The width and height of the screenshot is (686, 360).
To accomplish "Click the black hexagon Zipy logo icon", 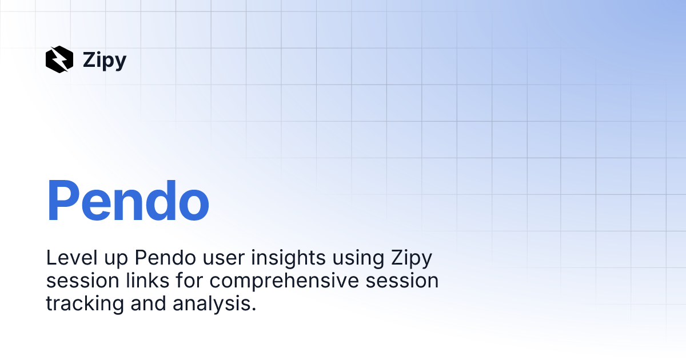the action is (x=59, y=59).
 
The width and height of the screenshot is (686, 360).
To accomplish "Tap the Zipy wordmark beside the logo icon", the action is (x=105, y=61).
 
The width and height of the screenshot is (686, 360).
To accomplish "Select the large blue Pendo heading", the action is (x=127, y=200).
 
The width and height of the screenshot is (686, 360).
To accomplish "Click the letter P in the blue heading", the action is (x=63, y=200).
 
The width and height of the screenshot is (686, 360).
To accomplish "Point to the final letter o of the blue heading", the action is (x=194, y=205).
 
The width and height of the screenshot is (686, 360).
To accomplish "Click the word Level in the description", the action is (x=71, y=258).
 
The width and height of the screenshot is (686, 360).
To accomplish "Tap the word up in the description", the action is (x=116, y=260).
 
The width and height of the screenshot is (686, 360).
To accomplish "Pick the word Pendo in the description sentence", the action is (x=165, y=258).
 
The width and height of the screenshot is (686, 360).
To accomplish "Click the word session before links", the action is (x=83, y=281).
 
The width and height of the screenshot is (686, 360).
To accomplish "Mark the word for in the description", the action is (x=189, y=280).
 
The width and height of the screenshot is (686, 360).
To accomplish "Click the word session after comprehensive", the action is (x=402, y=281).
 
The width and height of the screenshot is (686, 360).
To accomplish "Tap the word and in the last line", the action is (x=148, y=303).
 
